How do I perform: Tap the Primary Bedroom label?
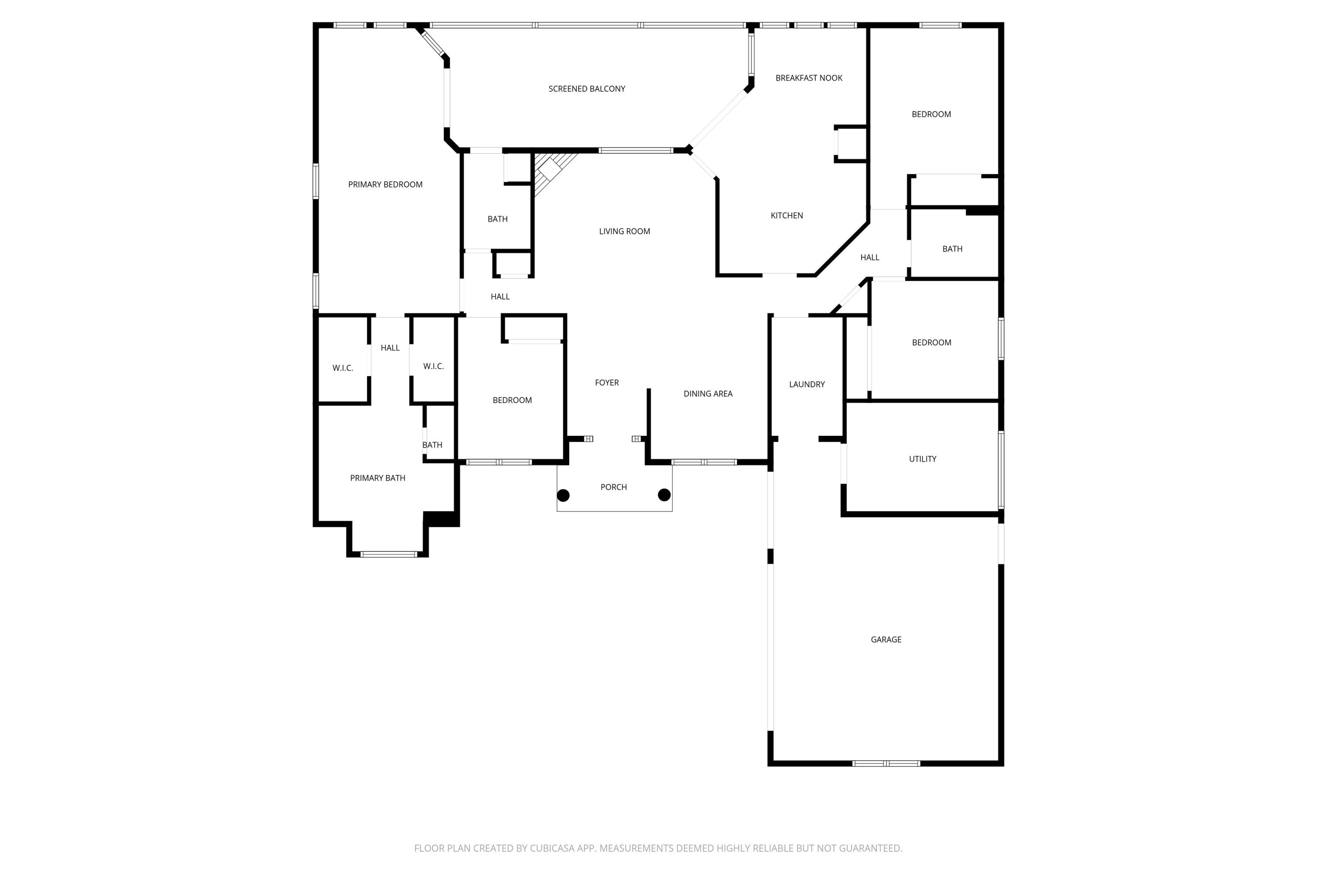385,185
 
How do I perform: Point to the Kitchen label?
786,216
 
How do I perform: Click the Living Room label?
624,231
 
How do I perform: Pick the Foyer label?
606,383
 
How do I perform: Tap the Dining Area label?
708,394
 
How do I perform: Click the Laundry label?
806,385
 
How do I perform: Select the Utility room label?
922,459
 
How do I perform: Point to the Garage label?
886,640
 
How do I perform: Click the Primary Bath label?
378,478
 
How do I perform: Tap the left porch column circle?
563,496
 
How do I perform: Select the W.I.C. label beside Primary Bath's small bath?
433,367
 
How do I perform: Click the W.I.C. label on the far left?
343,368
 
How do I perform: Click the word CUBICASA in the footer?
552,848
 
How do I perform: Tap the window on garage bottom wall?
886,763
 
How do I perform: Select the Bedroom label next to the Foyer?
512,400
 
